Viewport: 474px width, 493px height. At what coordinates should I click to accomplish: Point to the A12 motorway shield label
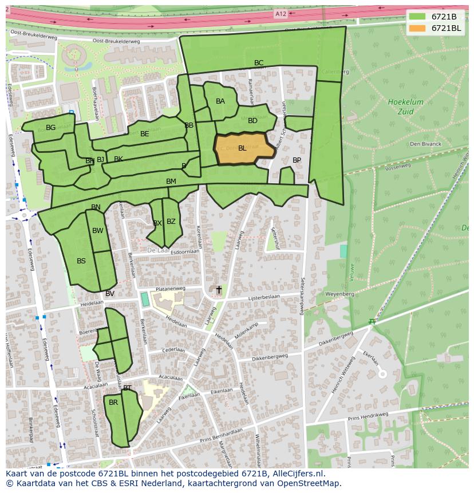point(281,14)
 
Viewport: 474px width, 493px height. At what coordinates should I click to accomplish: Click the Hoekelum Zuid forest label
point(405,107)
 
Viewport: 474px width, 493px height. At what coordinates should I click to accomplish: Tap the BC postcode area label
point(259,63)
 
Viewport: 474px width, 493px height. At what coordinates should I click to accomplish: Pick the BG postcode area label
point(51,128)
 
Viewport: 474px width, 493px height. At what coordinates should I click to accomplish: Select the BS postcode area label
point(81,261)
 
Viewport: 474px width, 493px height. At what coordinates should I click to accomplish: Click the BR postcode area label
point(113,403)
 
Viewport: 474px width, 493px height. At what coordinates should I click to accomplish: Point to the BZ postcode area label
point(171,222)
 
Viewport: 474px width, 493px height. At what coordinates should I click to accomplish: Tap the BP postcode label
point(297,160)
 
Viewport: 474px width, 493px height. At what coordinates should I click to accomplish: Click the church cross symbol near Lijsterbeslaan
point(218,290)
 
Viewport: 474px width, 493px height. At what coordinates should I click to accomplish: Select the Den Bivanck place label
point(425,144)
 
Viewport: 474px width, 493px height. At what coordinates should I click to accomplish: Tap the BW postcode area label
point(98,231)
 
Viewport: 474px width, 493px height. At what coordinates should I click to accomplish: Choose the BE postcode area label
point(145,134)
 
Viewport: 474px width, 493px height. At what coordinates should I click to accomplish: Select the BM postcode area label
point(171,182)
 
